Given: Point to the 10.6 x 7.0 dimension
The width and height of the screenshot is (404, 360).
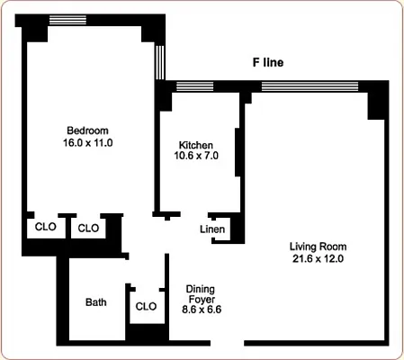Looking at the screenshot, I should pos(196,156).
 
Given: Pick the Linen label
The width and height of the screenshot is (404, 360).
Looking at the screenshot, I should pos(212,229).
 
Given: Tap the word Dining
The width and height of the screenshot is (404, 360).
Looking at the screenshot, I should pos(201,289).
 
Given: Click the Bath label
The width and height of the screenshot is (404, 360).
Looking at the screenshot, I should pos(96,302).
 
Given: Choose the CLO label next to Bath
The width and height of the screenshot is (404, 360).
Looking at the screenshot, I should pos(146,306).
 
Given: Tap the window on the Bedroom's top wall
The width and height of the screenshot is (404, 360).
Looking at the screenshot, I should pos(67,20).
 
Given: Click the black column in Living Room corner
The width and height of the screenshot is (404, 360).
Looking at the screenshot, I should pos(379,102).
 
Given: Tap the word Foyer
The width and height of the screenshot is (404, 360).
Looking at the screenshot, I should pos(201,300).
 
